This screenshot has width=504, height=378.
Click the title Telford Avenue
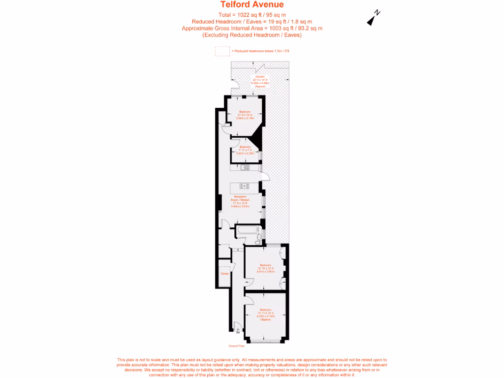[252, 5]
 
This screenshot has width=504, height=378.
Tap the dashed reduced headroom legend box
[222, 51]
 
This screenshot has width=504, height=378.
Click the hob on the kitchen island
[244, 186]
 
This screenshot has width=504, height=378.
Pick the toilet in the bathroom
[258, 240]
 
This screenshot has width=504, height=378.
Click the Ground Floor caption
[230, 346]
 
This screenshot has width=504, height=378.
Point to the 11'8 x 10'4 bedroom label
[244, 115]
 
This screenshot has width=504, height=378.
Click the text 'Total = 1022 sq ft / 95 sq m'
[252, 15]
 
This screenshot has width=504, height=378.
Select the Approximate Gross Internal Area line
[252, 29]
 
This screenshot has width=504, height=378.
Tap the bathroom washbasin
[261, 226]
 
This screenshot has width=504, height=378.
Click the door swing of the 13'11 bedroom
[250, 301]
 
